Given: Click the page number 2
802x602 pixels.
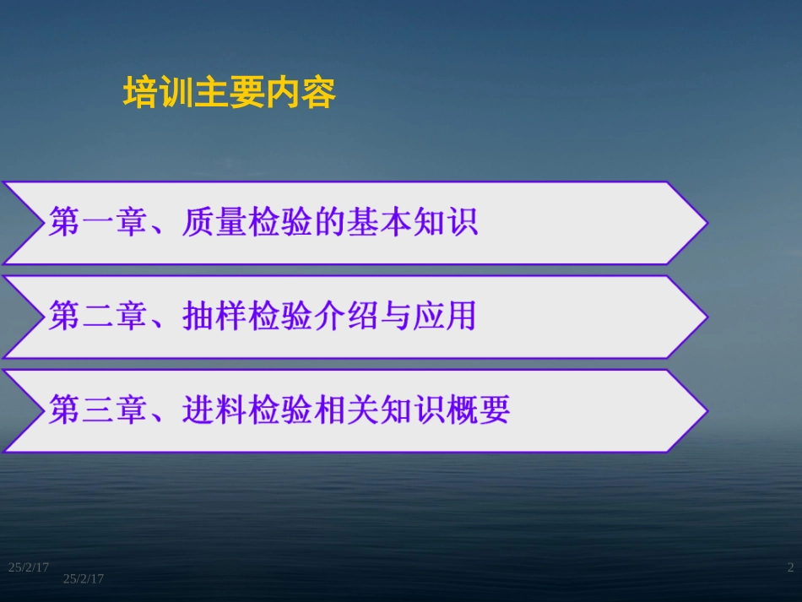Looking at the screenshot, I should (790, 567).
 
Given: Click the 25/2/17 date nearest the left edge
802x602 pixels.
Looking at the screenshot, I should (28, 567).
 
